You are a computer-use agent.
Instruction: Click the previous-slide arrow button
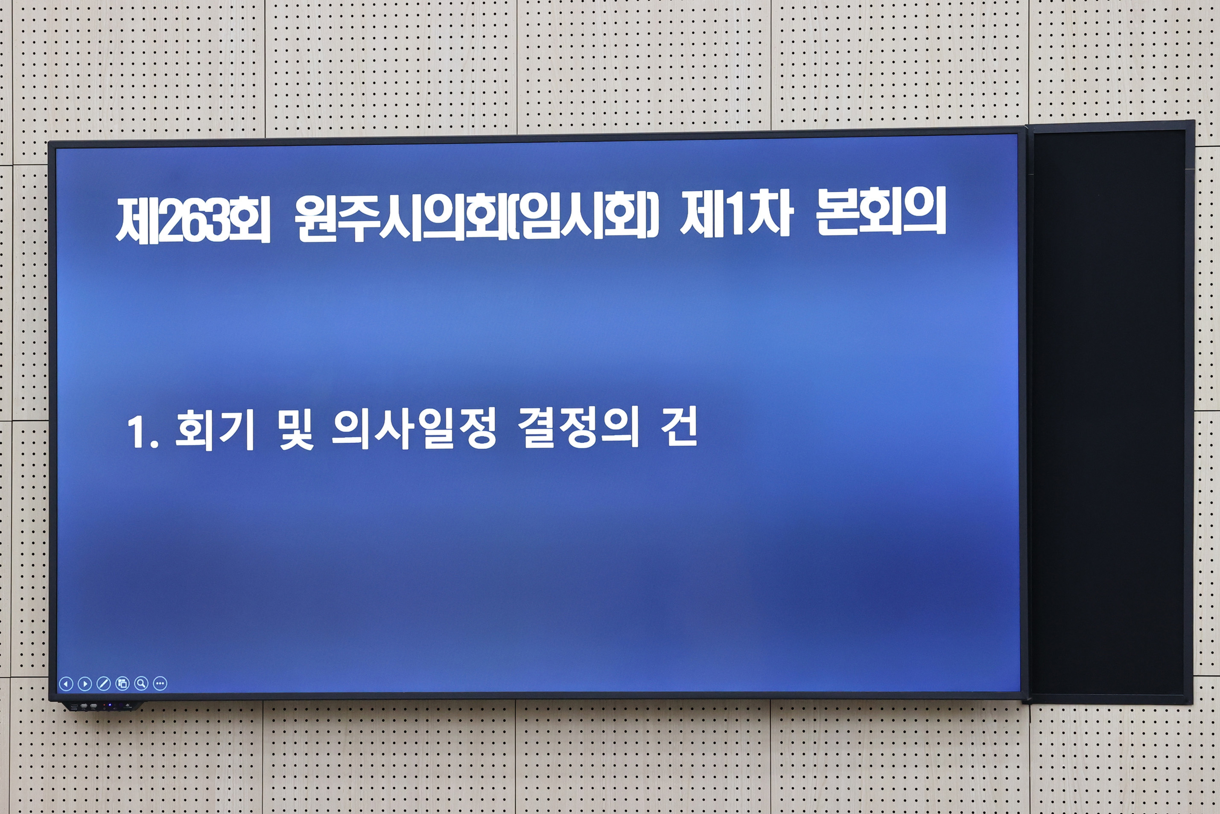pos(66,684)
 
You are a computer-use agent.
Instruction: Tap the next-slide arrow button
pos(85,684)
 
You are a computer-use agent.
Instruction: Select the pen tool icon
pos(104,684)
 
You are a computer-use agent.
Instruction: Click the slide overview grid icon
pos(123,684)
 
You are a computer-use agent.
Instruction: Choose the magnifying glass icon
pos(141,684)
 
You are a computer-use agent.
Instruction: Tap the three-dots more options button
pos(160,684)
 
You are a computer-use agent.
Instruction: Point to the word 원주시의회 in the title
pos(400,220)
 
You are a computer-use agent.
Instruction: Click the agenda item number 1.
pos(137,432)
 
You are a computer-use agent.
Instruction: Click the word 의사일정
pos(414,429)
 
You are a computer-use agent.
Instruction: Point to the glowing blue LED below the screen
pos(110,706)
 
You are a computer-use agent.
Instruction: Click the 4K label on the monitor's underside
pos(126,706)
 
